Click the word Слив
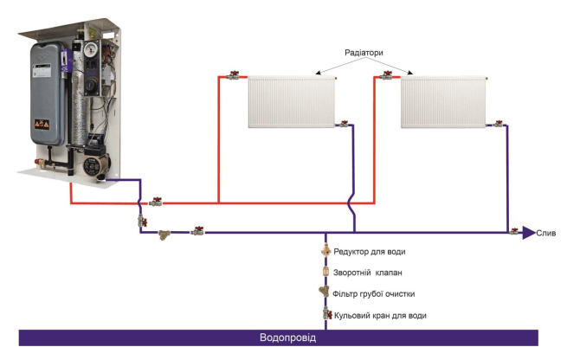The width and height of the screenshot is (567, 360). coord(546,233)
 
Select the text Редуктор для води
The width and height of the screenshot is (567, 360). coord(369,252)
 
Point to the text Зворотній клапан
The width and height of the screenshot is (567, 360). coord(368,273)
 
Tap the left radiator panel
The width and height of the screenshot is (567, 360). coord(291,101)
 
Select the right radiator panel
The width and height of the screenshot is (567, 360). coord(443,101)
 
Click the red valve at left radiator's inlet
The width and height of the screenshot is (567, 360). coord(233,77)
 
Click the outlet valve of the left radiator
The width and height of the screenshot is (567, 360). coord(344,125)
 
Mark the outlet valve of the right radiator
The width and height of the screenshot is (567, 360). coord(496,125)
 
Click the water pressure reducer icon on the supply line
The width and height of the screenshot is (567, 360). coord(325,251)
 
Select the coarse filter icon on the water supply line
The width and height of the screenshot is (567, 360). coord(325,292)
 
